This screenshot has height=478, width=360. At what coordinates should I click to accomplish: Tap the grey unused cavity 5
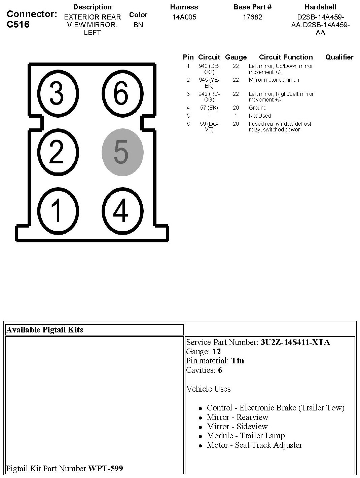click(122, 152)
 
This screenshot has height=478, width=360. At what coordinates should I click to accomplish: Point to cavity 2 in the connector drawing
click(57, 152)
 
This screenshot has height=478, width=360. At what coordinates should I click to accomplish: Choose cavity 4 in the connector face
click(120, 211)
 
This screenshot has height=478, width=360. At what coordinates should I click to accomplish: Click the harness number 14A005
click(184, 17)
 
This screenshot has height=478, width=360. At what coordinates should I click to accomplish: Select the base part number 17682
click(252, 17)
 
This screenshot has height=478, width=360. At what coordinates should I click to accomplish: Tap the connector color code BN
click(138, 25)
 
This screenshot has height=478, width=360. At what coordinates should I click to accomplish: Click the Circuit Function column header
click(286, 57)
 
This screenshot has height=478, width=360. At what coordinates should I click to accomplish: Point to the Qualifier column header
click(339, 57)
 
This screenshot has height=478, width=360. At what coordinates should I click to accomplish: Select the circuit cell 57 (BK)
click(209, 108)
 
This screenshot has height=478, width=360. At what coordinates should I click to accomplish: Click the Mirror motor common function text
click(274, 80)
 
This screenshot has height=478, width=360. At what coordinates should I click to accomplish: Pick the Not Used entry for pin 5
click(260, 116)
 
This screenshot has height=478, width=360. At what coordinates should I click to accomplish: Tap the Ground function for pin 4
click(257, 108)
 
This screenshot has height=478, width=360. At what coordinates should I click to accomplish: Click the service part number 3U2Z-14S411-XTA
click(295, 342)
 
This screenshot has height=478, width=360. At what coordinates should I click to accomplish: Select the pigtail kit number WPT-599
click(105, 468)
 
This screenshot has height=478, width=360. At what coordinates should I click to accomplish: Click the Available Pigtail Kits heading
click(45, 330)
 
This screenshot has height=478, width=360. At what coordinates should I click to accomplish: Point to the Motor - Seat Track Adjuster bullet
click(254, 445)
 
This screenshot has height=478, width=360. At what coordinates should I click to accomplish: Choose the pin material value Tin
click(238, 361)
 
